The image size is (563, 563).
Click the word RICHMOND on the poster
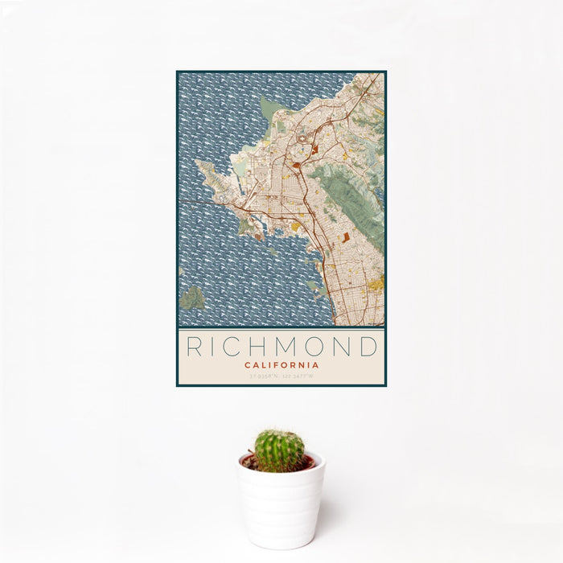pyautogui.click(x=281, y=347)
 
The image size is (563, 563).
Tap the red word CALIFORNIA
pyautogui.click(x=281, y=364)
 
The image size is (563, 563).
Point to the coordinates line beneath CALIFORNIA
pyautogui.click(x=281, y=376)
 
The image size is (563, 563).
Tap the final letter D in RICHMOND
pyautogui.click(x=368, y=347)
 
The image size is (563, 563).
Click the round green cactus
pyautogui.click(x=279, y=450)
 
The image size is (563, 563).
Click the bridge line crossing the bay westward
pyautogui.click(x=201, y=201)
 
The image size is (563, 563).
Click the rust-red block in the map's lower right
pyautogui.click(x=347, y=237)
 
